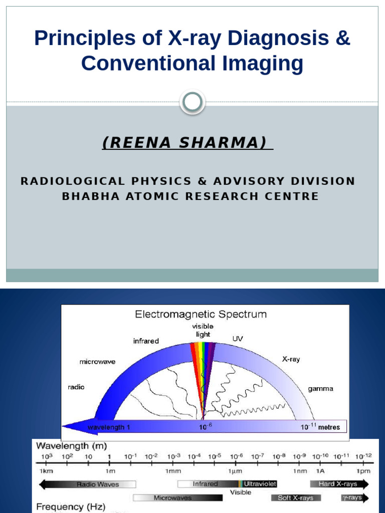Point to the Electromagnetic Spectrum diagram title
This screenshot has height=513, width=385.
[x=201, y=315]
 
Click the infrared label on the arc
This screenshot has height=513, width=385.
[x=146, y=341]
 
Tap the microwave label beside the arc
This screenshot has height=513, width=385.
[x=97, y=362]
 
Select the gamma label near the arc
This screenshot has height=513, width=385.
[x=320, y=389]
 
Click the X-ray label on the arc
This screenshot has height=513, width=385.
[x=291, y=360]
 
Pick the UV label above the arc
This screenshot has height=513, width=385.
[x=238, y=339]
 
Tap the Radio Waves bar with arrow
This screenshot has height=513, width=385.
[x=87, y=484]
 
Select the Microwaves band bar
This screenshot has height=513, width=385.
[x=178, y=498]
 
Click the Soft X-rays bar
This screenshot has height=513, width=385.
[x=296, y=498]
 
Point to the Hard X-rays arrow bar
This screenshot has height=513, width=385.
[x=339, y=484]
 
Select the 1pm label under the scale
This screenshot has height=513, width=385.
[x=363, y=471]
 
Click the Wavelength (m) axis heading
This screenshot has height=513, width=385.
[x=70, y=446]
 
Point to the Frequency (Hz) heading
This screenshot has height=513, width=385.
[x=71, y=507]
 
